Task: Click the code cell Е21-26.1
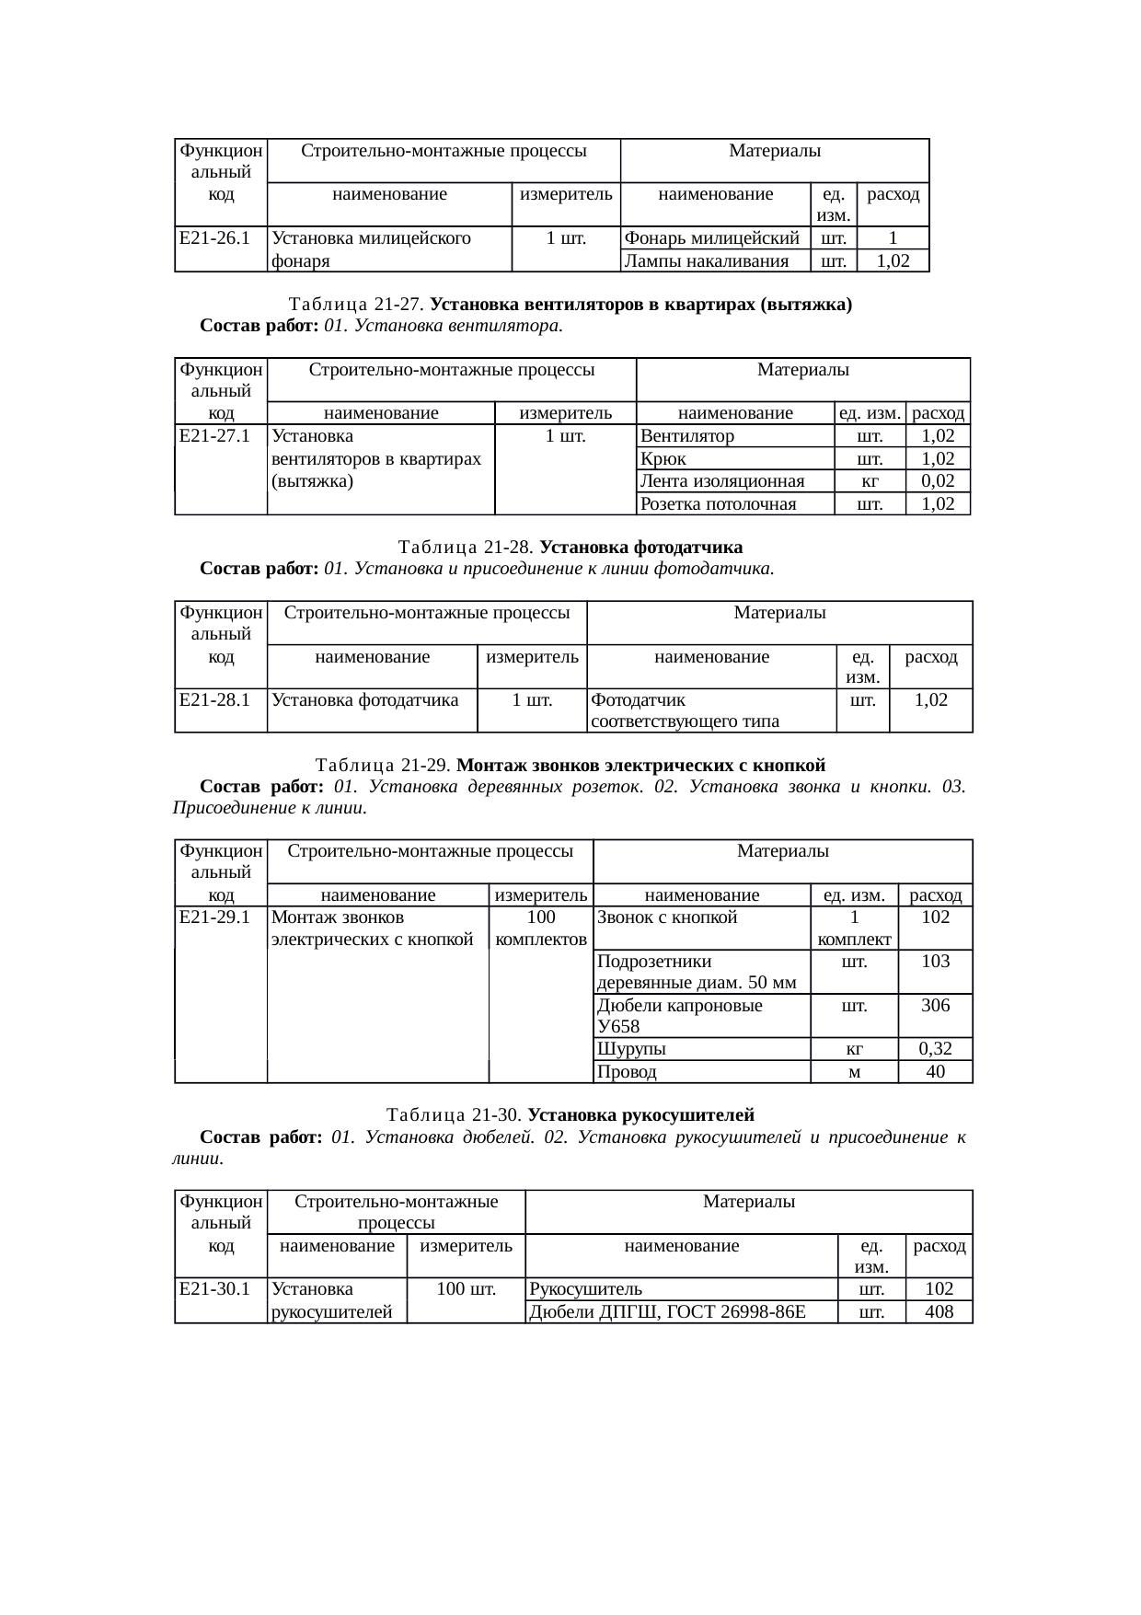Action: [215, 238]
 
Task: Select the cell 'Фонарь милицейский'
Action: [711, 238]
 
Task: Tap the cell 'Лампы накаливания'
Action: [706, 261]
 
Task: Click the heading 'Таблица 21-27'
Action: [356, 305]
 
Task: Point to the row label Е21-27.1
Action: [215, 436]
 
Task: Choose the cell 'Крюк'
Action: [663, 458]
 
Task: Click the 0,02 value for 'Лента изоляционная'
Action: [937, 480]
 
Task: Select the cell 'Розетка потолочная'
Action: [718, 503]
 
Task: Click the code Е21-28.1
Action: [215, 700]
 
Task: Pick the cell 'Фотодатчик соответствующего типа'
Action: [685, 710]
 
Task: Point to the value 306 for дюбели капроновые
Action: [935, 1006]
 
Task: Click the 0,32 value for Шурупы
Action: [935, 1049]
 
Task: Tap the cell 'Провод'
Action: [627, 1072]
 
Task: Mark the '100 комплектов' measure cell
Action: [541, 929]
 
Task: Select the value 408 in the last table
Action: [939, 1312]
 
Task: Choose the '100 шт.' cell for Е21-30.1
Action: [466, 1289]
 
